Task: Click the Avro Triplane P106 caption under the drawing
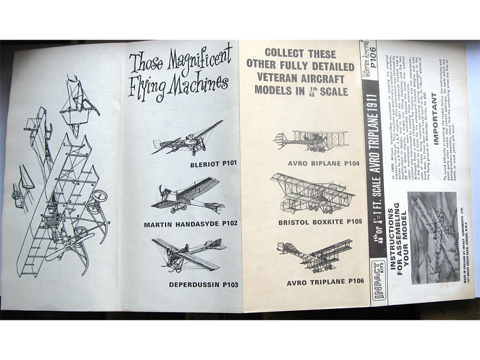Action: [316, 281]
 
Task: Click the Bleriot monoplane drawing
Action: [187, 139]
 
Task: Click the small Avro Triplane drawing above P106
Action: [315, 255]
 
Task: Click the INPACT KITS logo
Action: [376, 288]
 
